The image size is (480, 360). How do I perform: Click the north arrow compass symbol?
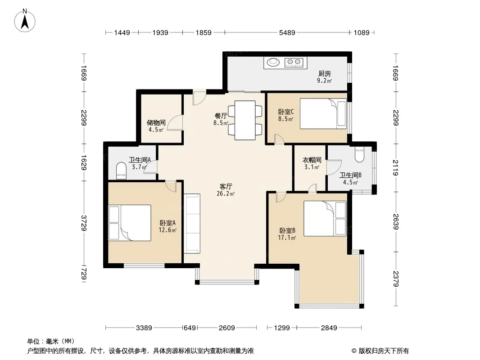click(x=25, y=21)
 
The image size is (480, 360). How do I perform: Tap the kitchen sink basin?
click(x=273, y=63)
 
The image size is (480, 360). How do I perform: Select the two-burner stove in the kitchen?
click(x=294, y=63)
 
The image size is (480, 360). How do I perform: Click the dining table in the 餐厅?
click(x=245, y=120)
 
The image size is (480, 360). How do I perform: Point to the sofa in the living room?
click(x=192, y=224)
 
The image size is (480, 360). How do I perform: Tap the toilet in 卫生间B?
click(x=359, y=155)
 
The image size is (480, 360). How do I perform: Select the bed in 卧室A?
click(x=130, y=223)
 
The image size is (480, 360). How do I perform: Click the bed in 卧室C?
click(x=323, y=113)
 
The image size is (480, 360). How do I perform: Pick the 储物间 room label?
click(x=156, y=123)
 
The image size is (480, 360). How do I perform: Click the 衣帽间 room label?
click(x=312, y=160)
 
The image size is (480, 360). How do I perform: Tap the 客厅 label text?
click(x=226, y=187)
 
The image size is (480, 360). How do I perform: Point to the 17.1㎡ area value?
click(x=287, y=238)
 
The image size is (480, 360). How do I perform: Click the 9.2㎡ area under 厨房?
click(x=325, y=81)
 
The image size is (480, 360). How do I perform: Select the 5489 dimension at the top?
click(x=287, y=32)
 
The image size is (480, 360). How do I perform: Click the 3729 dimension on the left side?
click(x=84, y=223)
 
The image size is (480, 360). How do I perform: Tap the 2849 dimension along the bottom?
click(x=329, y=328)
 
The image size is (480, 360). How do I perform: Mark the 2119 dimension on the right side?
click(x=395, y=167)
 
